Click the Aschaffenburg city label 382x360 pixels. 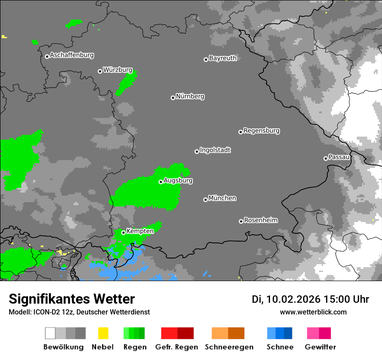click(x=72, y=56)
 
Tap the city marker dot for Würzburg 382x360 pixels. click(x=100, y=71)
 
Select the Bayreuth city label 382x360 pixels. click(x=223, y=58)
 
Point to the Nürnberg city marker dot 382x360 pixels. click(x=173, y=98)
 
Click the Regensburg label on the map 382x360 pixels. click(x=261, y=131)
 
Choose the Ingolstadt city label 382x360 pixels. click(x=215, y=150)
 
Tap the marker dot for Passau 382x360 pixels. click(x=326, y=158)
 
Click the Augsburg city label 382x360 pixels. click(x=178, y=180)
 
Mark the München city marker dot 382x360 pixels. click(x=205, y=200)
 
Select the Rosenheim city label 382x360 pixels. click(x=260, y=220)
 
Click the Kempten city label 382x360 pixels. click(x=140, y=231)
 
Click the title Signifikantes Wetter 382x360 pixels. click(x=72, y=299)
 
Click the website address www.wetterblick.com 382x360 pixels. click(x=313, y=312)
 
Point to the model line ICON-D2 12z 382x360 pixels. click(x=79, y=312)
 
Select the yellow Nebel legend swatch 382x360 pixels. click(x=103, y=333)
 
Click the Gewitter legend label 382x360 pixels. click(x=320, y=347)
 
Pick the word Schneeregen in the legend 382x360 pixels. click(x=229, y=347)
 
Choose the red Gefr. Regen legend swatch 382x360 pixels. click(x=169, y=333)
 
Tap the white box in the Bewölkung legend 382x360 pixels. click(x=50, y=333)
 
